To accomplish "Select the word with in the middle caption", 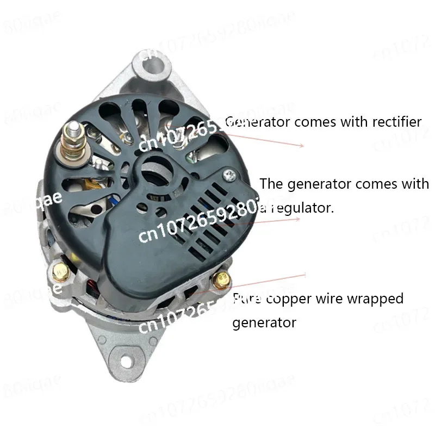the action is [415, 184].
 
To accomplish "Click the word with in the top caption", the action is [355, 122].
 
